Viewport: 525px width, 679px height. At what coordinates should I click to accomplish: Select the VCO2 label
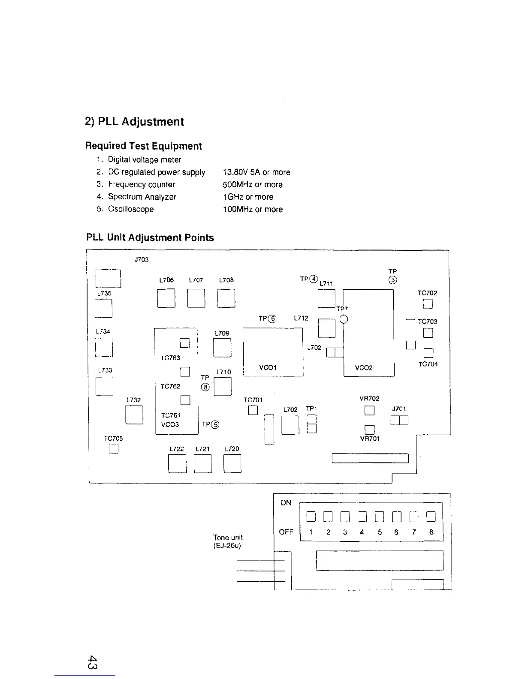tap(364, 368)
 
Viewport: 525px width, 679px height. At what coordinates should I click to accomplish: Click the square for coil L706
tap(166, 298)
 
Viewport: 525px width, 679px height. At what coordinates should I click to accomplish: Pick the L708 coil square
tap(226, 298)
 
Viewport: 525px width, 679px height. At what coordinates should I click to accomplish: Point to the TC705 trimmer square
tap(113, 449)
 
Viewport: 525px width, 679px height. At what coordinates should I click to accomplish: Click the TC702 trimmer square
tap(428, 304)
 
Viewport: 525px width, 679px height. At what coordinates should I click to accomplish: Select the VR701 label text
tap(370, 439)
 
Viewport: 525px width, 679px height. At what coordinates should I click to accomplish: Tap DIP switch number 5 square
tap(379, 517)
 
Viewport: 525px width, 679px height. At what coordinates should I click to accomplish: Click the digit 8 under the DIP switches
tap(431, 532)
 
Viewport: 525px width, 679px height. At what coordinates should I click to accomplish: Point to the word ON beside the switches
tap(286, 503)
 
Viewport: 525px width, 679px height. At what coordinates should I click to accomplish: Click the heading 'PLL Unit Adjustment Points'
tap(150, 237)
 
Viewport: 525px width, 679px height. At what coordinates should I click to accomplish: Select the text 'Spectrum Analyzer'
tap(142, 197)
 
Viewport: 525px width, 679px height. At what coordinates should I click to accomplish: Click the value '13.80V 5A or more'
tap(256, 172)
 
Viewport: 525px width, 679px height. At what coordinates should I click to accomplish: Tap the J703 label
tap(141, 259)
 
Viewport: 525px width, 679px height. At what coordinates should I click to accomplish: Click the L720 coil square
tap(232, 463)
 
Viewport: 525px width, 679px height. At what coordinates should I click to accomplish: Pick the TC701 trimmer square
tap(253, 410)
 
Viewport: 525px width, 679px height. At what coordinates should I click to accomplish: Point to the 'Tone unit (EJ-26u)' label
tap(228, 541)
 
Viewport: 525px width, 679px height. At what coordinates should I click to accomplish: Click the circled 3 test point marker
tap(393, 280)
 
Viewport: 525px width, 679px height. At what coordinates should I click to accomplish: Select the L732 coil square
tap(134, 415)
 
